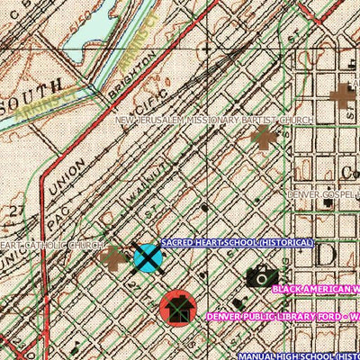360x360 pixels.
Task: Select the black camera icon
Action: (x=260, y=277)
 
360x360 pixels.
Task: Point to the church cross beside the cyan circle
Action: (x=114, y=259)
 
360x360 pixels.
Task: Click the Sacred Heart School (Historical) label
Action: (x=238, y=244)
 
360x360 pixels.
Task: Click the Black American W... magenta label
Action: (x=315, y=290)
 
